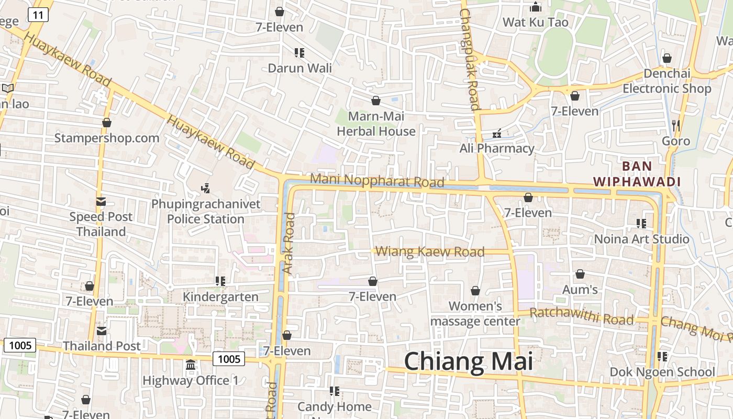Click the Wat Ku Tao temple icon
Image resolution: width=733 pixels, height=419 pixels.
coord(535,7)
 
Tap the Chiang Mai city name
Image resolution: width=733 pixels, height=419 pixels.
coord(468,361)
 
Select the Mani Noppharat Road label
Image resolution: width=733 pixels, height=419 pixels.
coord(377,180)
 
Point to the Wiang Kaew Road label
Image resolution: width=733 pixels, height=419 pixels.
coord(430,252)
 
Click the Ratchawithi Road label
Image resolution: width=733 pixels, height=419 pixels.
coord(582,316)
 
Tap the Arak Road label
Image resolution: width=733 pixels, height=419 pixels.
coord(289,243)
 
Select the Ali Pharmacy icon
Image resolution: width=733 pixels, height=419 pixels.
coord(497,134)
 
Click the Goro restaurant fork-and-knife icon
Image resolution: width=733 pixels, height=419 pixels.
coord(676,125)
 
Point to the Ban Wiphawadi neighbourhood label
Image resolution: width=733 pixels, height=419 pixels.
coord(637,174)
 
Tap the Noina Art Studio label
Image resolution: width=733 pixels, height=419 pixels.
coord(641,239)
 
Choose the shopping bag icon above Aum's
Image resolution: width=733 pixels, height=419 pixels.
coord(580,274)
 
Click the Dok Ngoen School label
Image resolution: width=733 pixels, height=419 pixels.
coord(662,372)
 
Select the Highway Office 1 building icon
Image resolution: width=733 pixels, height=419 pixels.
coord(191,365)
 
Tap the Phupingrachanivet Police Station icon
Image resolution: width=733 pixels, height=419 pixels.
coord(206,188)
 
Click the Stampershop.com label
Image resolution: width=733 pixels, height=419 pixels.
coord(107,138)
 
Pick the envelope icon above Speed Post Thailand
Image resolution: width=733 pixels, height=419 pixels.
coord(101,202)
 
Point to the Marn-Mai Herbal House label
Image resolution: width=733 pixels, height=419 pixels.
coord(376,124)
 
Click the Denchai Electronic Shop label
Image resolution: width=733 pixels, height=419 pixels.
coord(667,81)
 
